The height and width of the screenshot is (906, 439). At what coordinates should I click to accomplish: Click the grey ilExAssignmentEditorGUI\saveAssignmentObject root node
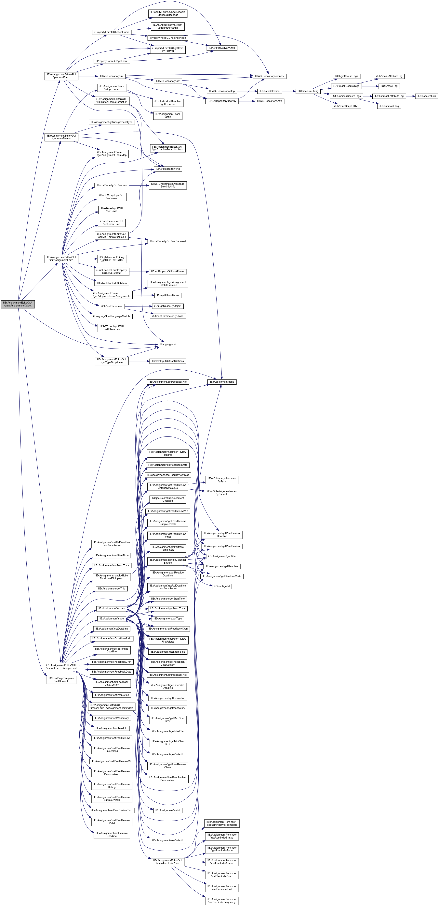[x=18, y=304]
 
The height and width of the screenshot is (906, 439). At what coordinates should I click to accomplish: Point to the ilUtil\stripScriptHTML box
[x=346, y=106]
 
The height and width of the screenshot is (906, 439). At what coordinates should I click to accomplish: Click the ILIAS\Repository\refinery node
[x=269, y=76]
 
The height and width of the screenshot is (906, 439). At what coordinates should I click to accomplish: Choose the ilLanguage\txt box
[x=167, y=344]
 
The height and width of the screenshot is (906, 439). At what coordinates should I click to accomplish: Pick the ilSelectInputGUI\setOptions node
[x=167, y=361]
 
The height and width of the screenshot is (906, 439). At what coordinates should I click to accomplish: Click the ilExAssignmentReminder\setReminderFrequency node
[x=222, y=900]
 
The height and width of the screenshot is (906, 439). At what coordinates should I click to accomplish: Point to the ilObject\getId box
[x=222, y=586]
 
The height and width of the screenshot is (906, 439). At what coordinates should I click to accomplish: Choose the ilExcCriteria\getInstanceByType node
[x=222, y=480]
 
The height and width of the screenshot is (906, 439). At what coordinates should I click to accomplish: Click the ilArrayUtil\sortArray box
[x=167, y=295]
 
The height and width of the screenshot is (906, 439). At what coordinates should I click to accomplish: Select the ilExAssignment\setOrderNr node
[x=167, y=840]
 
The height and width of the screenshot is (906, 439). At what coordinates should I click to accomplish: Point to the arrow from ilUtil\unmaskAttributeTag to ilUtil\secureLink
[x=410, y=96]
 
